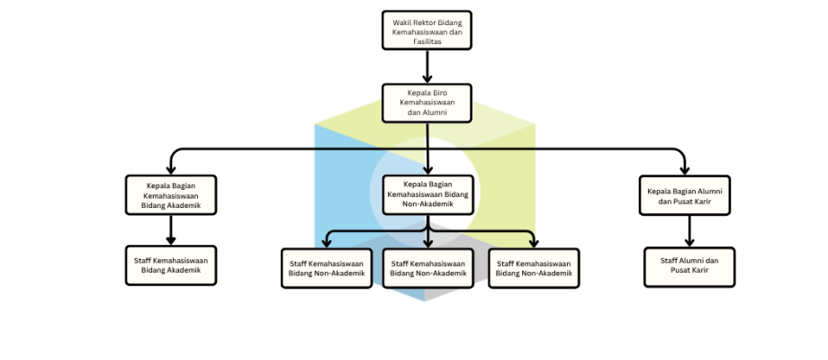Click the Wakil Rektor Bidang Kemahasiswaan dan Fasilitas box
click(x=427, y=30)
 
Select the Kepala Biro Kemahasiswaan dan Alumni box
click(x=427, y=103)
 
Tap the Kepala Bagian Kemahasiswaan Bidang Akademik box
click(x=171, y=194)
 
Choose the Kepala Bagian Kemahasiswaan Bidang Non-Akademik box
click(x=427, y=194)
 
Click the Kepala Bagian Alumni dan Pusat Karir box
click(x=684, y=195)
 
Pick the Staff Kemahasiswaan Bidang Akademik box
click(x=171, y=265)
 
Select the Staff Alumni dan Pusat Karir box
click(x=689, y=267)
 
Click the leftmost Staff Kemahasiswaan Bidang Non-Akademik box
click(x=327, y=268)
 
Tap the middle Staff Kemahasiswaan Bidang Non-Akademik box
click(x=427, y=268)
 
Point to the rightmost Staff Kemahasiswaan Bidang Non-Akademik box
click(x=534, y=268)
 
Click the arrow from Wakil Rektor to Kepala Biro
click(x=427, y=67)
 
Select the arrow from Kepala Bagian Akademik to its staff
click(x=171, y=230)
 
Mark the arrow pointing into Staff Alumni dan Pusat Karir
click(x=689, y=231)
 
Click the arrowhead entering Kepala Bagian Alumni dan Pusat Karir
click(x=684, y=170)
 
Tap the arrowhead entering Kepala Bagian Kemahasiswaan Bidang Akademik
click(x=171, y=170)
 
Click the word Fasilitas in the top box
click(x=427, y=41)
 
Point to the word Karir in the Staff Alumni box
click(x=700, y=270)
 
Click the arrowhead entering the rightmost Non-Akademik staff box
click(x=534, y=243)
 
